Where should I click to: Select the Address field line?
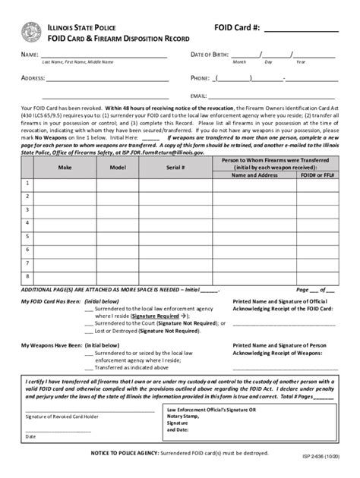click(x=107, y=79)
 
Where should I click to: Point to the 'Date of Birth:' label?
click(x=209, y=55)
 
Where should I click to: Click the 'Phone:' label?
click(x=200, y=77)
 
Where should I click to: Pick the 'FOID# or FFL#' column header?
click(x=317, y=175)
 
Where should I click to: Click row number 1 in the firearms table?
click(x=27, y=183)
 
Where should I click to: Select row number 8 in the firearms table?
click(x=27, y=276)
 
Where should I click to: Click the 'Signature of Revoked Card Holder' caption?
click(x=63, y=417)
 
